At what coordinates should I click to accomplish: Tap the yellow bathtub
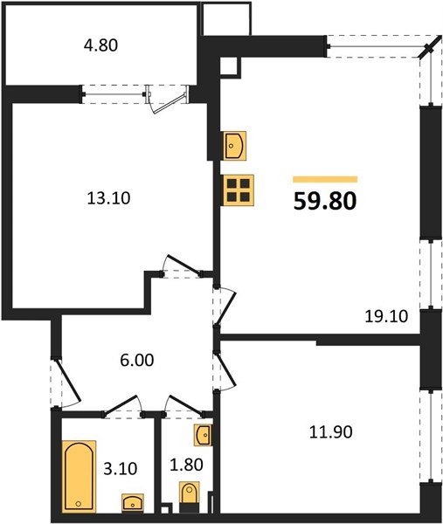point(79,478)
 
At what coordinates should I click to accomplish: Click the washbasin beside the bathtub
point(132,501)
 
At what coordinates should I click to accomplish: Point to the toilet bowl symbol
point(189,496)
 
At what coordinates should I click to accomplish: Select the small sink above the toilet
point(203,434)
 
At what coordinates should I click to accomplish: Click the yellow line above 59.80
point(324,179)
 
